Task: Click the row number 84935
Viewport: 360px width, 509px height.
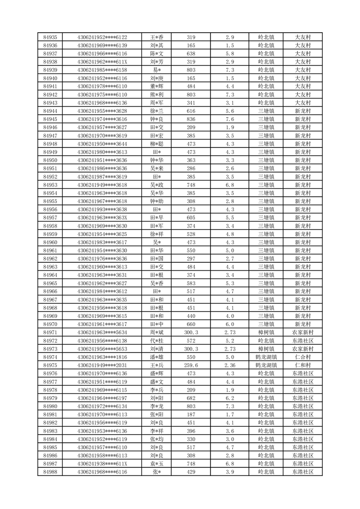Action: pyautogui.click(x=50, y=37)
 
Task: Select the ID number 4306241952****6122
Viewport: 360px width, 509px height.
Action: pyautogui.click(x=102, y=37)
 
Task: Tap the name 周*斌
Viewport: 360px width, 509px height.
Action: pyautogui.click(x=157, y=333)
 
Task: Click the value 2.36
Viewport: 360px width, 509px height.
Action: pyautogui.click(x=230, y=365)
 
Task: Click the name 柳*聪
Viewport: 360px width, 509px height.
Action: pyautogui.click(x=157, y=144)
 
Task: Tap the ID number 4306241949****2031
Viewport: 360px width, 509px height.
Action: pyautogui.click(x=102, y=365)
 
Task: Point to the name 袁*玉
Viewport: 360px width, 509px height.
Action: pyautogui.click(x=157, y=464)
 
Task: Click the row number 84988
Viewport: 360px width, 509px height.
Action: pyautogui.click(x=50, y=472)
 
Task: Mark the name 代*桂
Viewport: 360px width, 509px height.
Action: pyautogui.click(x=157, y=341)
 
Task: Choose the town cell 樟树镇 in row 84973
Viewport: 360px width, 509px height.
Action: pyautogui.click(x=266, y=349)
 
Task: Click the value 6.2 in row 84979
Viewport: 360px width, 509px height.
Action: pyautogui.click(x=230, y=398)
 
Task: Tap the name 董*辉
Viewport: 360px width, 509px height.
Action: pyautogui.click(x=157, y=86)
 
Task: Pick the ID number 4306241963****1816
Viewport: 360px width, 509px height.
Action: pyautogui.click(x=102, y=357)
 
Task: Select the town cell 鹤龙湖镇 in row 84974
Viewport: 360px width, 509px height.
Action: pyautogui.click(x=266, y=357)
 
